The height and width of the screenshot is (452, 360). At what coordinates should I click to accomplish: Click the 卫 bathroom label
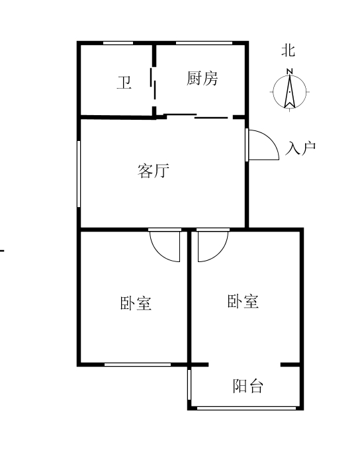point(124,83)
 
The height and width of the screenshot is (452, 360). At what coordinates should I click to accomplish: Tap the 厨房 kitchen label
point(202,78)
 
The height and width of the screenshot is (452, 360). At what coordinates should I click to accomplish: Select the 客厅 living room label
point(153,171)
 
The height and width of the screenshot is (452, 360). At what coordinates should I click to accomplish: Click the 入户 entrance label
point(300,148)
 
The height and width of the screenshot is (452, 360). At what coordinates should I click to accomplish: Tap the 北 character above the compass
point(289,50)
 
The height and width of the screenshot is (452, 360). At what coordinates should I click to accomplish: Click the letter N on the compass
point(290,71)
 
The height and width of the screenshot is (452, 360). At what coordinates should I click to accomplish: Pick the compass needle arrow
point(290,92)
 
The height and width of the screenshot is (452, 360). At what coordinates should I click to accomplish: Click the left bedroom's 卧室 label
point(136,303)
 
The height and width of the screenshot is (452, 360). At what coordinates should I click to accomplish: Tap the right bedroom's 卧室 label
point(243,302)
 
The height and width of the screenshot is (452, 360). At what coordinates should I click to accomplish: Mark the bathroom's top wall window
point(118,43)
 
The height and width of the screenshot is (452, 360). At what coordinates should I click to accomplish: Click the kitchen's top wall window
point(204,43)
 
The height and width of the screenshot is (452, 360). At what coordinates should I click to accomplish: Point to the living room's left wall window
point(79,174)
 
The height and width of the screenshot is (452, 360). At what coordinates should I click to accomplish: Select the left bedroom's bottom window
point(138,365)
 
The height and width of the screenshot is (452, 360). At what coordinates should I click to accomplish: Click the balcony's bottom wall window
point(246,408)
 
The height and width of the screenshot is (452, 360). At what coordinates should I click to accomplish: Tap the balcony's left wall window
point(189,384)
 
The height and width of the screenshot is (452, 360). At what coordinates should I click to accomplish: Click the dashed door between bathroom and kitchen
point(153,83)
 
